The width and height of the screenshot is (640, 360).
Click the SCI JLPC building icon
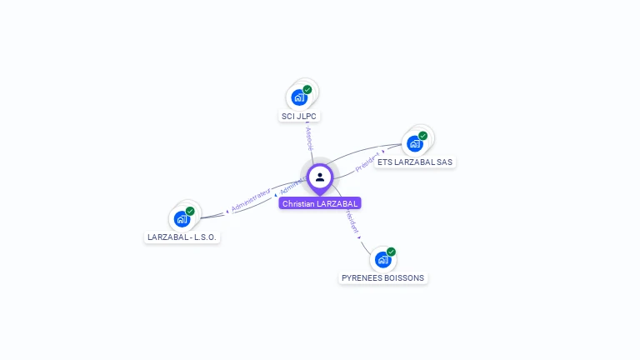click(x=299, y=97)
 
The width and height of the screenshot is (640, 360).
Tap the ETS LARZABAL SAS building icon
click(x=414, y=143)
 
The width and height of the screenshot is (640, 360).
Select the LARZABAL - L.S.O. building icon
click(x=182, y=219)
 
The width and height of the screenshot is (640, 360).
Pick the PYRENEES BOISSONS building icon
click(x=382, y=260)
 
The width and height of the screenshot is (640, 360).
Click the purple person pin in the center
click(x=320, y=177)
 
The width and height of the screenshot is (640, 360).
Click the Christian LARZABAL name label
click(x=320, y=203)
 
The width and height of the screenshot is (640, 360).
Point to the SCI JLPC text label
click(x=300, y=117)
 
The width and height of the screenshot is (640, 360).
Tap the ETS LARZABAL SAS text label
click(x=415, y=162)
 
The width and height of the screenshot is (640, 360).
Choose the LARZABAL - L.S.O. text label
click(x=182, y=237)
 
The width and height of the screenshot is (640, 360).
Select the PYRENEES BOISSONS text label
click(x=383, y=278)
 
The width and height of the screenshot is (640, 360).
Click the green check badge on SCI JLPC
click(x=307, y=89)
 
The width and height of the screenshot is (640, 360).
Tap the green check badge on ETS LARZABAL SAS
click(x=422, y=135)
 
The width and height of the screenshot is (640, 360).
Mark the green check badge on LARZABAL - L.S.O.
click(x=190, y=211)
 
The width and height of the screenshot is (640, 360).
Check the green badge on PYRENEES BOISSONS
click(x=391, y=252)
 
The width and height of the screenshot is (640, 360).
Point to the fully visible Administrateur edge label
click(x=251, y=199)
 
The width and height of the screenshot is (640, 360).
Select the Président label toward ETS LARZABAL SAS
click(x=367, y=162)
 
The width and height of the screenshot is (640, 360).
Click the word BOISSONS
click(x=403, y=278)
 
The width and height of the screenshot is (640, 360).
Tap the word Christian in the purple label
click(x=298, y=203)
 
